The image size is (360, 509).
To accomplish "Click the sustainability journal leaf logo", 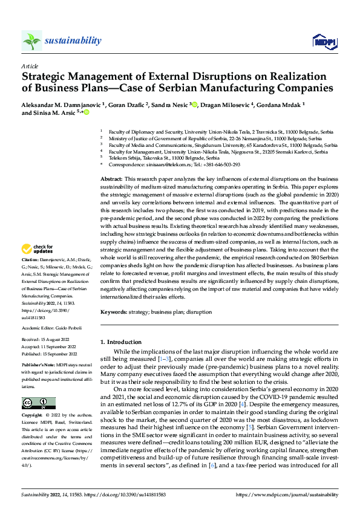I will [x=32, y=41].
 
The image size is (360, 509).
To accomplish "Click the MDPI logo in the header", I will [x=322, y=41].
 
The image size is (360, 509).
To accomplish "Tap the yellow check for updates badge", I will [x=36, y=265].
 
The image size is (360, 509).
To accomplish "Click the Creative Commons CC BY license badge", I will [x=39, y=403].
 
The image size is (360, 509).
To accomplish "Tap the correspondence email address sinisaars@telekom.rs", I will [x=168, y=164].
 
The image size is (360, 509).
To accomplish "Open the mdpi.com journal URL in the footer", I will [x=296, y=496].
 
